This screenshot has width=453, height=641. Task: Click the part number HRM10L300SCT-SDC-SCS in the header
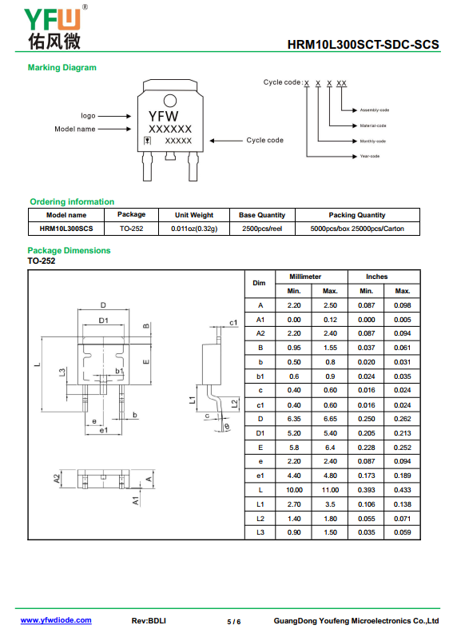click(364, 44)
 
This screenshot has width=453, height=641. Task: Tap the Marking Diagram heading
click(62, 67)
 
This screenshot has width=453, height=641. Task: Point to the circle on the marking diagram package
click(170, 101)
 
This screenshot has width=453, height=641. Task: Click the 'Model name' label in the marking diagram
click(75, 129)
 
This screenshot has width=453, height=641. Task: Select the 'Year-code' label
click(370, 156)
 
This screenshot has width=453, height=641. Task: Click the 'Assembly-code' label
click(374, 110)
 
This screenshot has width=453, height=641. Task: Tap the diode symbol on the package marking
click(148, 141)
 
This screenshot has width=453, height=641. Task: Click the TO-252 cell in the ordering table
click(132, 229)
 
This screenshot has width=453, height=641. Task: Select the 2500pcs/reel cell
click(262, 229)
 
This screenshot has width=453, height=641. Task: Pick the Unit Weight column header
click(194, 215)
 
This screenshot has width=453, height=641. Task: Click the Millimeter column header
click(305, 277)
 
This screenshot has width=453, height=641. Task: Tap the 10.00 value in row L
click(294, 490)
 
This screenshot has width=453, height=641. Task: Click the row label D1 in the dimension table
click(260, 433)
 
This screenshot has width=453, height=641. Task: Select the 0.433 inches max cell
click(403, 490)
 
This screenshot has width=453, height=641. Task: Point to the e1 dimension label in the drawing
click(104, 430)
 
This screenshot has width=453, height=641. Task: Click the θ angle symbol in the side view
click(227, 427)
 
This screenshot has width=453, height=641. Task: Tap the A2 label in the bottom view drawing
click(57, 479)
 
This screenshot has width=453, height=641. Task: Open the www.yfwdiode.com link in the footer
click(56, 620)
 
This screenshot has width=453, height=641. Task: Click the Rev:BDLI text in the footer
click(149, 620)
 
